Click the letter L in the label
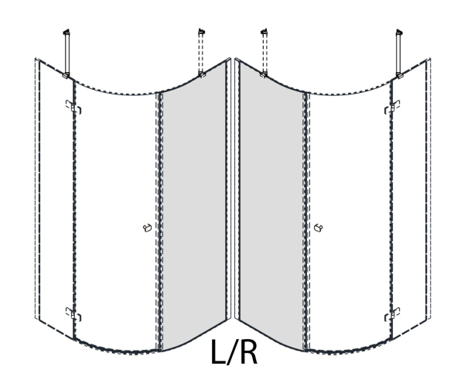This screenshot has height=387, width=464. pyautogui.click(x=218, y=351)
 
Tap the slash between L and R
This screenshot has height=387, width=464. pyautogui.click(x=233, y=351)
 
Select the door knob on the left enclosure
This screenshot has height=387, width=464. pyautogui.click(x=148, y=228)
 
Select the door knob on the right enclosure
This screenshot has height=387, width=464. pyautogui.click(x=318, y=228)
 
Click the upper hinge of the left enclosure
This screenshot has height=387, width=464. pyautogui.click(x=73, y=107)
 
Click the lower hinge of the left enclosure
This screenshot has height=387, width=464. pyautogui.click(x=73, y=314)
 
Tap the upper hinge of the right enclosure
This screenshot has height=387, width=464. pyautogui.click(x=392, y=107)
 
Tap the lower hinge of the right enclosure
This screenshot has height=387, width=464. pyautogui.click(x=392, y=314)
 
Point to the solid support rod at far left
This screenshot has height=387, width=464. pyautogui.click(x=67, y=53)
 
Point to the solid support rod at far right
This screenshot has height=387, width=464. pyautogui.click(x=399, y=53)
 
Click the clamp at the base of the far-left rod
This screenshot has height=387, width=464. pyautogui.click(x=66, y=76)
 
